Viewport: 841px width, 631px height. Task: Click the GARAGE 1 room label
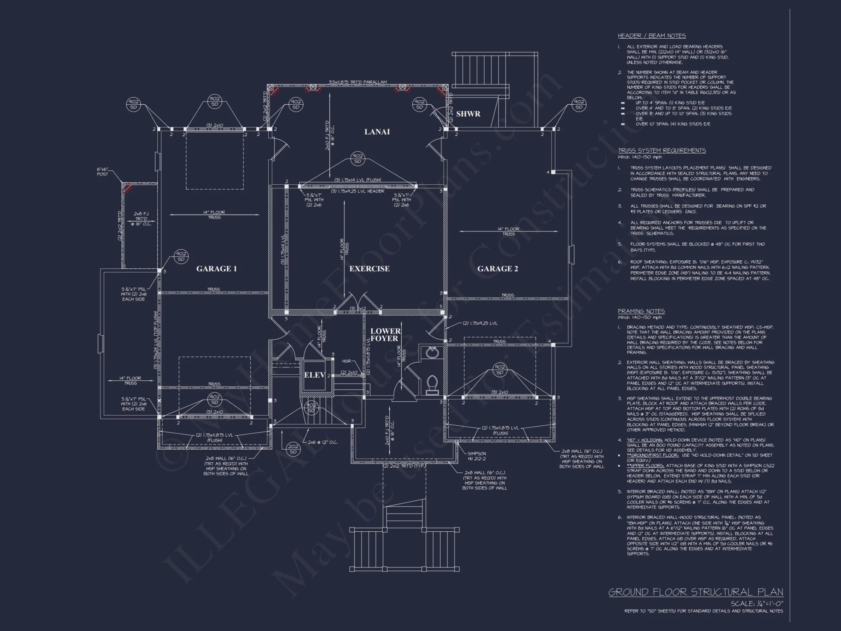click(x=217, y=269)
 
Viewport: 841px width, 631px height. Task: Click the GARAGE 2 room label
click(x=497, y=269)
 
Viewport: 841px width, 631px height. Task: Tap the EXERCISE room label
click(x=369, y=269)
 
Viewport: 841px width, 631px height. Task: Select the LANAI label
click(x=377, y=132)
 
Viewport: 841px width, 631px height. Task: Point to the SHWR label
click(x=468, y=114)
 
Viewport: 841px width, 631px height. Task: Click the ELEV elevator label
click(x=314, y=375)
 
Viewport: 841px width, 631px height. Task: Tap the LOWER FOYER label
click(x=385, y=335)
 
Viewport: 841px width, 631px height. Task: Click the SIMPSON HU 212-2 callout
click(x=477, y=456)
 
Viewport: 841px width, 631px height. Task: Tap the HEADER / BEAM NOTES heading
click(x=651, y=36)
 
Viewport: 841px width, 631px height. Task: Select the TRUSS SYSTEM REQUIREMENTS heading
click(x=661, y=151)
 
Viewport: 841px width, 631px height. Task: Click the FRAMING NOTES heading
click(x=641, y=311)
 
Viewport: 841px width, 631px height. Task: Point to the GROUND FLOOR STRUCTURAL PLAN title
click(x=696, y=592)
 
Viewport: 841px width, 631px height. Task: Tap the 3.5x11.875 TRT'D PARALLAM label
click(x=357, y=82)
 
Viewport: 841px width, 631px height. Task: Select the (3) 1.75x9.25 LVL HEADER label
click(x=357, y=191)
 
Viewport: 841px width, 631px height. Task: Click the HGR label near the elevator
click(x=346, y=361)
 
